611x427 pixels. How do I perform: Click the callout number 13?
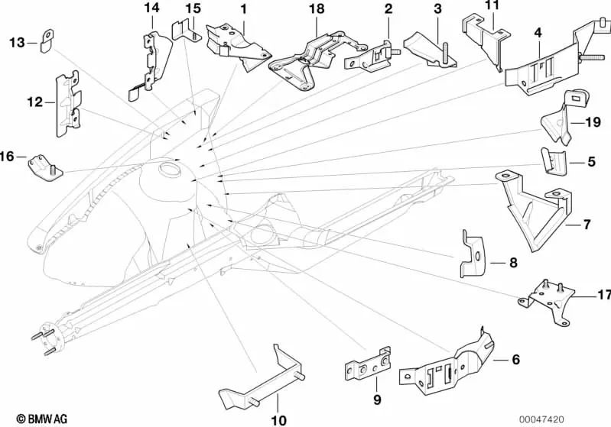17,43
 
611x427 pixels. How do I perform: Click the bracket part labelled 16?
44,167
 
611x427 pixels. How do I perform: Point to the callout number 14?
151,8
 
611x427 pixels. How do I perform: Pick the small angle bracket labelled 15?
184,31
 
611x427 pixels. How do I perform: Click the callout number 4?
538,34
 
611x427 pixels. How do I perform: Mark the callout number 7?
587,225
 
